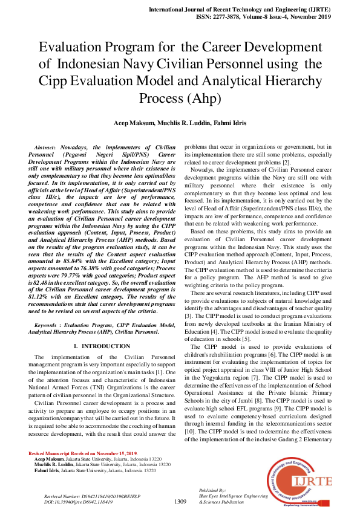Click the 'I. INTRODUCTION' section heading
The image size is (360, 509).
click(x=102, y=346)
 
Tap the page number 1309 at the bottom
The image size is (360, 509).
click(x=180, y=501)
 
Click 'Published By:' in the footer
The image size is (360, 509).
click(x=212, y=490)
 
